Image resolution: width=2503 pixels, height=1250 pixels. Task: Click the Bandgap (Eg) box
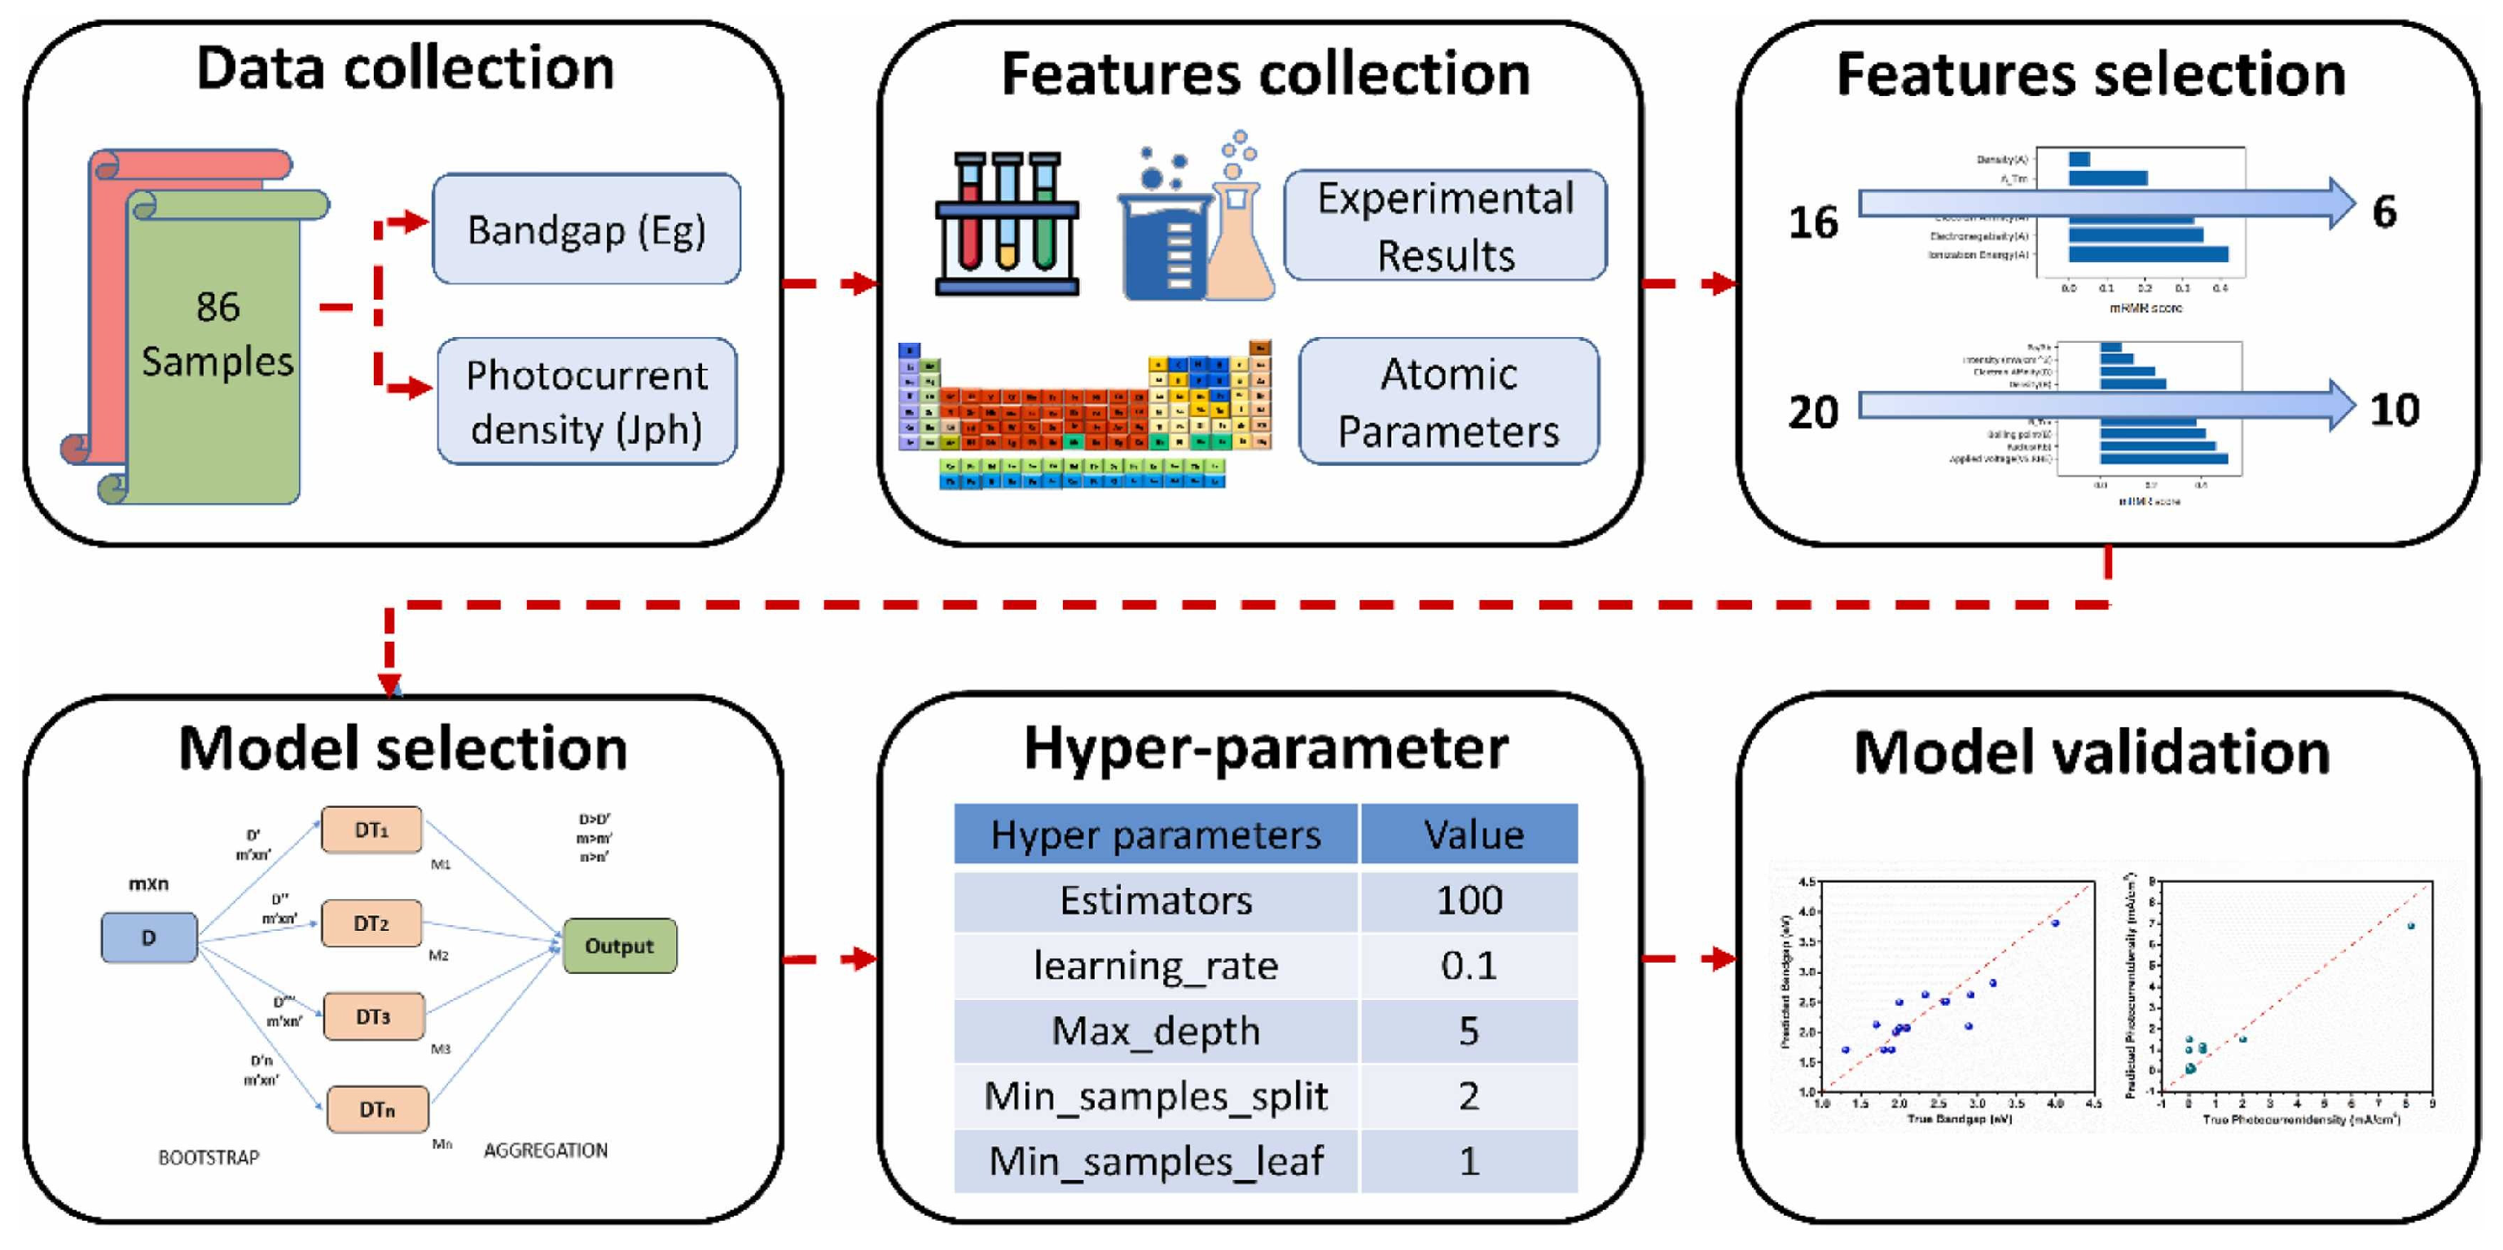pyautogui.click(x=586, y=229)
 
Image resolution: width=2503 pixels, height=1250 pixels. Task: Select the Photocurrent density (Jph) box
pyautogui.click(x=586, y=401)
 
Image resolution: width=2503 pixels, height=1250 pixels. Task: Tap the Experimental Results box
pyautogui.click(x=1445, y=226)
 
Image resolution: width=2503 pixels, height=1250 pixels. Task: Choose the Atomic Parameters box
pyautogui.click(x=1447, y=401)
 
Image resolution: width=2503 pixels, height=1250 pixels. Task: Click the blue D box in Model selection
pyautogui.click(x=149, y=937)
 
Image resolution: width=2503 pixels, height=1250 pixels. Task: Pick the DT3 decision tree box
pyautogui.click(x=373, y=1016)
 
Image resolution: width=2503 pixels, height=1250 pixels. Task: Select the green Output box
pyautogui.click(x=619, y=946)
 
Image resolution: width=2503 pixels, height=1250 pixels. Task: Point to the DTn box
pyautogui.click(x=377, y=1109)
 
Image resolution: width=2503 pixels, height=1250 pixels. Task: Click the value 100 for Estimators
pyautogui.click(x=1469, y=901)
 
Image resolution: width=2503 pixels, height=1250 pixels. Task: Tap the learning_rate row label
pyautogui.click(x=1155, y=966)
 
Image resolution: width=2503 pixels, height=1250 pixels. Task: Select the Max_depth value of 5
pyautogui.click(x=1469, y=1030)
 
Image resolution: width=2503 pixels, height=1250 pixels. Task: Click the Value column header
pyautogui.click(x=1473, y=835)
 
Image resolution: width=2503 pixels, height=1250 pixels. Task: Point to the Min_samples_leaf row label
pyautogui.click(x=1155, y=1160)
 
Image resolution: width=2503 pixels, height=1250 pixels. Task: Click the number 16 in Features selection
pyautogui.click(x=1813, y=222)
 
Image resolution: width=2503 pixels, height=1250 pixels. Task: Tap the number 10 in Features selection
pyautogui.click(x=2394, y=410)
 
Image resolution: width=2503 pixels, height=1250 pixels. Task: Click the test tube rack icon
pyautogui.click(x=1007, y=223)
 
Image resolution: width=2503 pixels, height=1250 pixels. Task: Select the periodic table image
pyautogui.click(x=1083, y=413)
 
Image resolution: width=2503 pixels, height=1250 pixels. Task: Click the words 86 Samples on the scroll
pyautogui.click(x=217, y=334)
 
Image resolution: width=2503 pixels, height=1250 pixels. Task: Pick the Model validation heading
pyautogui.click(x=2091, y=752)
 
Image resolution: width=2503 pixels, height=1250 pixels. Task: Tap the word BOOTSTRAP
pyautogui.click(x=209, y=1158)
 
